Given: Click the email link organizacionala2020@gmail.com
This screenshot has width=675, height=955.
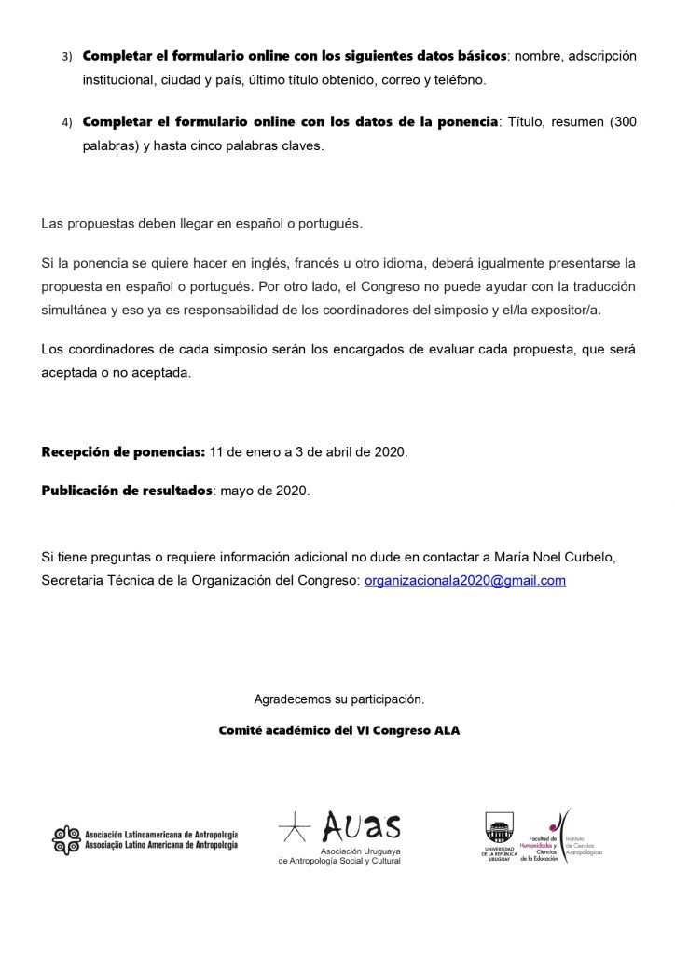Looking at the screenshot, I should click(465, 580).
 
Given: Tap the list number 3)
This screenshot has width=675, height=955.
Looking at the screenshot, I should click(66, 57).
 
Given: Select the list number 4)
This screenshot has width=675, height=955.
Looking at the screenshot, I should click(66, 123).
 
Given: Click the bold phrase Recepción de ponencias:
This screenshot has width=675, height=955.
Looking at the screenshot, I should click(123, 452).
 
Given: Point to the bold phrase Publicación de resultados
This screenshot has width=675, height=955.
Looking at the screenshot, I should click(127, 491).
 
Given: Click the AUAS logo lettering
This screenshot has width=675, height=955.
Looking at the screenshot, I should click(360, 826).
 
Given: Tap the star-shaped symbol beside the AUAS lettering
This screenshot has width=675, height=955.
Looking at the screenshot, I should click(296, 826).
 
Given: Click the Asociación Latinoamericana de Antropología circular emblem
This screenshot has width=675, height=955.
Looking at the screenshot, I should click(66, 839).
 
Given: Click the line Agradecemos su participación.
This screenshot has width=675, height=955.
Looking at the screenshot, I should click(338, 699).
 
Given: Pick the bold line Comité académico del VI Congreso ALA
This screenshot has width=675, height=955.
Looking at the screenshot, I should click(338, 730).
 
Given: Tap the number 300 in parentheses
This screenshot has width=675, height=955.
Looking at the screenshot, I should click(623, 123).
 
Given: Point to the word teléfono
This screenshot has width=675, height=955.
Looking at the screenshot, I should click(455, 80).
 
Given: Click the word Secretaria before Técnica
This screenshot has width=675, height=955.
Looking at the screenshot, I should click(76, 580).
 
